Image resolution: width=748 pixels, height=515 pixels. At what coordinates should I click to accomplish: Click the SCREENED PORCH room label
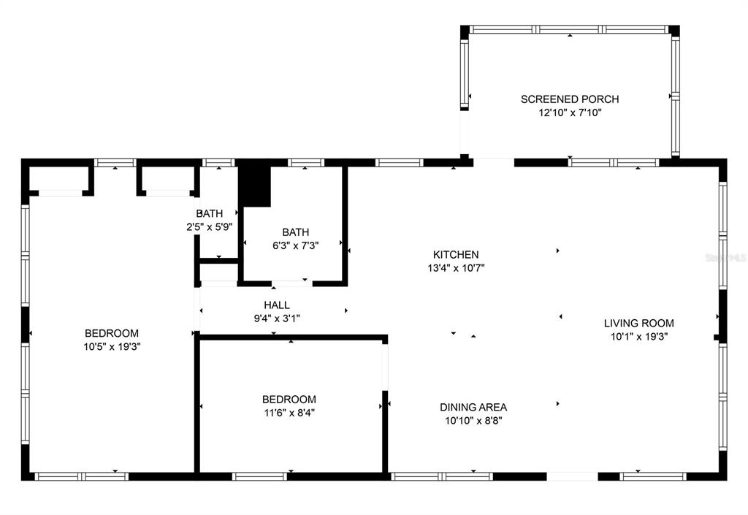tap(570, 99)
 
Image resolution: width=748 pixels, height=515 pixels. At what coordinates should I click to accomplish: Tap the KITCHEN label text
tap(456, 255)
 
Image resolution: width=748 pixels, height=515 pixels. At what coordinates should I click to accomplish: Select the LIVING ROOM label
tap(638, 324)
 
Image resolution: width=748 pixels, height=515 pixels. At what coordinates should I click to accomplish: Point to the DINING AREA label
tap(473, 407)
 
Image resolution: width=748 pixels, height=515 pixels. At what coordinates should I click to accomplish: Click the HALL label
tap(277, 305)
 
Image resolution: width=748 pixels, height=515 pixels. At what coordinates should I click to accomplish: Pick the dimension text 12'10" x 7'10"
tap(570, 113)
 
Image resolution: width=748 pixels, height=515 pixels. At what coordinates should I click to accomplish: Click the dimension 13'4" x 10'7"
tap(456, 269)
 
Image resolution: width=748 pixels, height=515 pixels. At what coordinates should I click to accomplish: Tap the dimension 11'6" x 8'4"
tap(289, 413)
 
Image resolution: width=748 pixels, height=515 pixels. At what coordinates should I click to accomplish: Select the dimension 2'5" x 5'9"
tap(210, 227)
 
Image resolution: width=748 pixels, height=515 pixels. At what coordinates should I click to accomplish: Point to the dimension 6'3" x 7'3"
tap(295, 246)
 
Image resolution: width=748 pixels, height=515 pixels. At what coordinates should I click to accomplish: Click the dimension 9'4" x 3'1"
tap(277, 318)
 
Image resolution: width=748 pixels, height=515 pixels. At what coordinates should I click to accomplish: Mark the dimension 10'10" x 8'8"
tap(473, 421)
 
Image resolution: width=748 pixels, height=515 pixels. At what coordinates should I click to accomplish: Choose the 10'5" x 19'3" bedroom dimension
tap(112, 347)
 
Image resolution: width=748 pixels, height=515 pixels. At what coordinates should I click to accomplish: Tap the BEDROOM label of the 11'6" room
tap(289, 399)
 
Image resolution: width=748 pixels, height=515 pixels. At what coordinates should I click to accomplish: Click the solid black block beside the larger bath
tap(254, 186)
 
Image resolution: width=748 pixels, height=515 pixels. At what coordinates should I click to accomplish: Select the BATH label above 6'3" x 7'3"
tap(295, 232)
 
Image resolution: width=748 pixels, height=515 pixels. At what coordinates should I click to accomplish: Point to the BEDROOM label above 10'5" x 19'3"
tap(112, 333)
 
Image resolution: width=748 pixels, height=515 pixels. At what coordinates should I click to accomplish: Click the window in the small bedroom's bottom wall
tap(259, 476)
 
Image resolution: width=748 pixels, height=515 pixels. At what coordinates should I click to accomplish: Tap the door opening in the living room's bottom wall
tap(572, 476)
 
